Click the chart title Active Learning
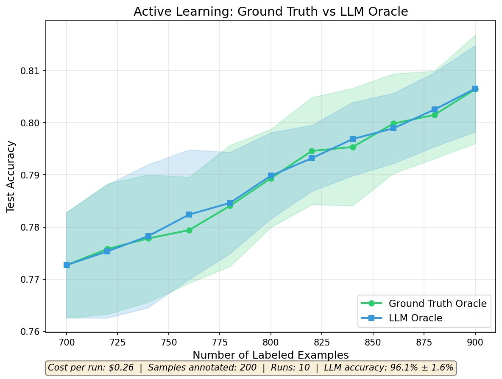coord(271,12)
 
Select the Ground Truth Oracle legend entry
coord(437,303)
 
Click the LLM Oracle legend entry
coord(415,318)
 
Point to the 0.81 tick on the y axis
coord(33,70)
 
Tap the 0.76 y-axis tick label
coord(33,332)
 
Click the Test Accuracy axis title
coord(11,176)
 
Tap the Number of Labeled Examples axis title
coord(271,355)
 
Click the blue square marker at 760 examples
coord(189,215)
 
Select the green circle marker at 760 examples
coord(189,230)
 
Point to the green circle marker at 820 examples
coord(312,151)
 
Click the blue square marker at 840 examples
coord(353,139)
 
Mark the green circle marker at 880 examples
coord(435,115)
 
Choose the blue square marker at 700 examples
coord(67,265)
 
